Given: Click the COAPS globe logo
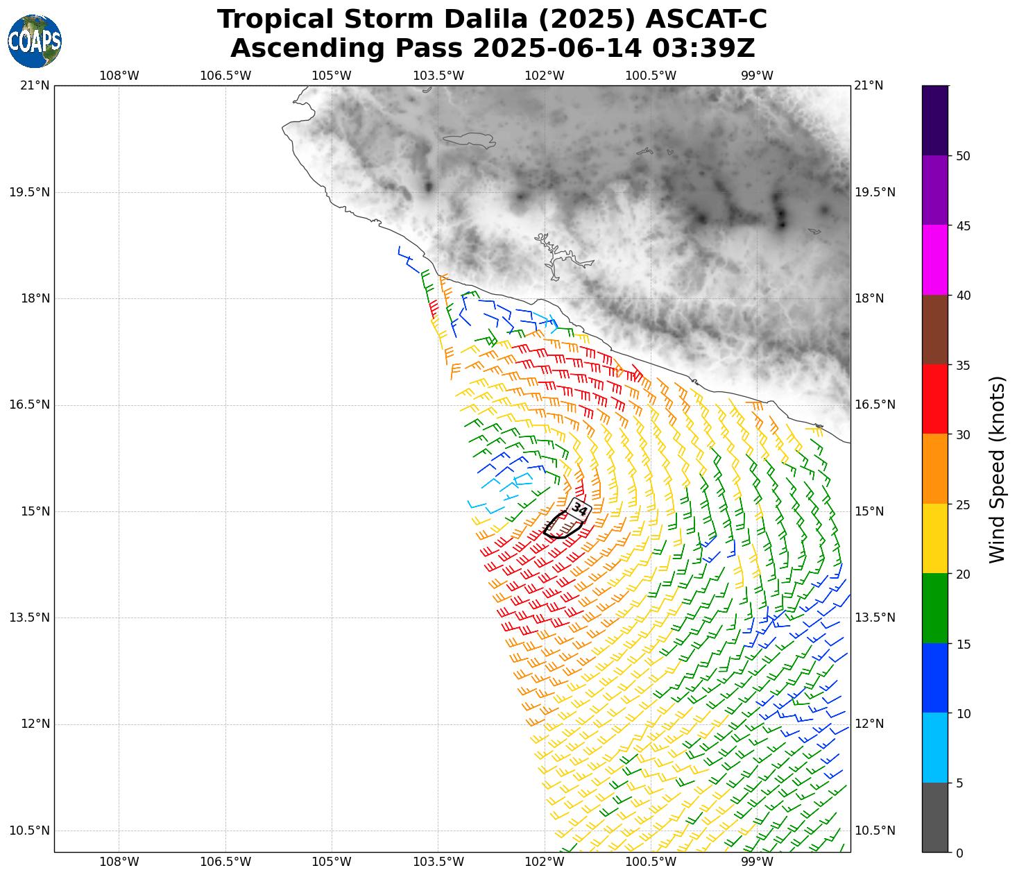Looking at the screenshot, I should pyautogui.click(x=35, y=42).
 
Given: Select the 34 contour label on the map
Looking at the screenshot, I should pyautogui.click(x=579, y=510).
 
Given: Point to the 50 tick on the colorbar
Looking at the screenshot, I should pyautogui.click(x=962, y=156).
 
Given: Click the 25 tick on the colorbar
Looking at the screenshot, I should pyautogui.click(x=962, y=504).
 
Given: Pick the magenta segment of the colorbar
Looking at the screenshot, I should pyautogui.click(x=934, y=260).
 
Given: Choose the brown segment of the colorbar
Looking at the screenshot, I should pyautogui.click(x=934, y=330).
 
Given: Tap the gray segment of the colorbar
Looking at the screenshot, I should pyautogui.click(x=934, y=817).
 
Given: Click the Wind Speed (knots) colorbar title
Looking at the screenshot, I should pyautogui.click(x=997, y=469).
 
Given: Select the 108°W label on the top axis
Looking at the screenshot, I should pyautogui.click(x=119, y=76).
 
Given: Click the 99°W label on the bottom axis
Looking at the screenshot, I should pyautogui.click(x=757, y=862).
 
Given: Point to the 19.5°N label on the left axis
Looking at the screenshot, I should pyautogui.click(x=29, y=192).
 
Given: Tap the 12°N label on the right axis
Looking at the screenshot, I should pyautogui.click(x=869, y=724).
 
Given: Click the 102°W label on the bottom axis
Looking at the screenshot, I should pyautogui.click(x=545, y=862).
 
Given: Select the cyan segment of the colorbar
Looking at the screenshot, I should pyautogui.click(x=934, y=748).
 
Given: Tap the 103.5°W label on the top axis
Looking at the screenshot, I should pyautogui.click(x=438, y=76).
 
